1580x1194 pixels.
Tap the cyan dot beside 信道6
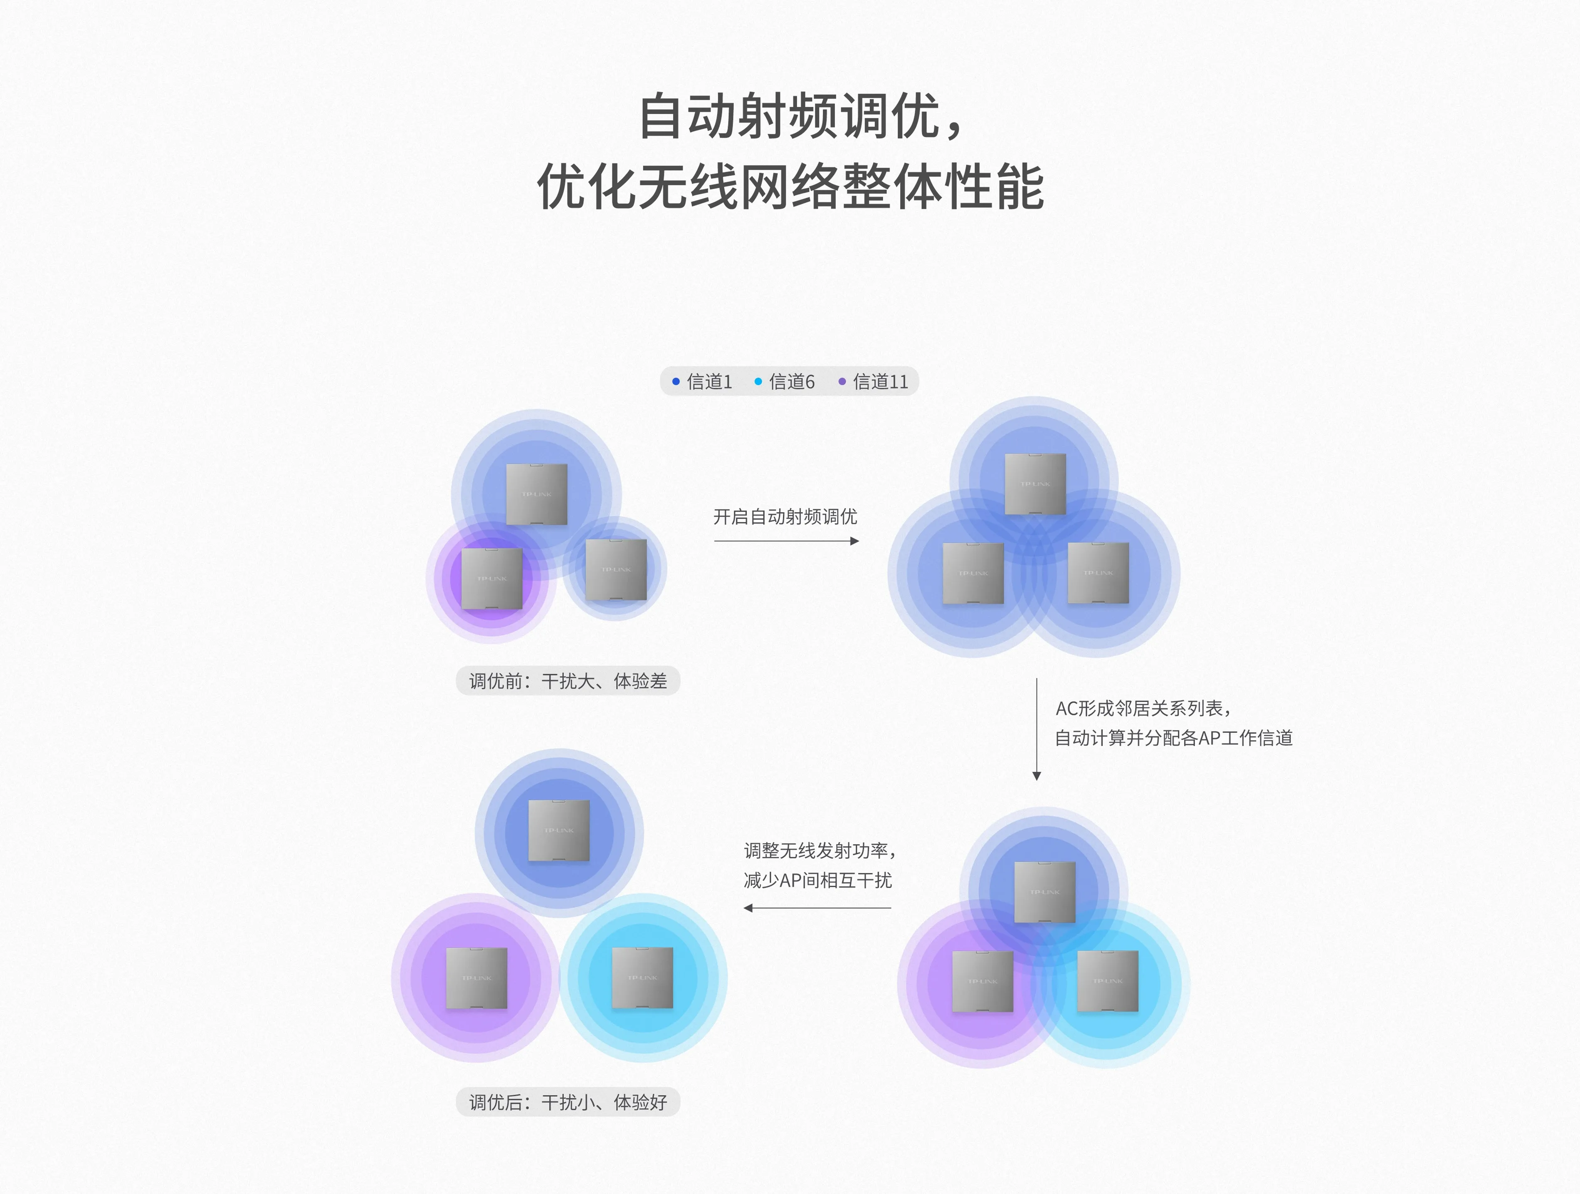pyautogui.click(x=758, y=381)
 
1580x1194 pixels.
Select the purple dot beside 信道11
pyautogui.click(x=842, y=381)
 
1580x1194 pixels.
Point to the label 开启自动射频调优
pyautogui.click(x=785, y=517)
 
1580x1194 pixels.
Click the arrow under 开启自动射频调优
pyautogui.click(x=786, y=541)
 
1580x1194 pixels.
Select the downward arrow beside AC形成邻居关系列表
pyautogui.click(x=1037, y=729)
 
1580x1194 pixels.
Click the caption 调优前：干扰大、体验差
pyautogui.click(x=568, y=681)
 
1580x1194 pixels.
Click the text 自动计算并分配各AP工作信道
pyautogui.click(x=1174, y=738)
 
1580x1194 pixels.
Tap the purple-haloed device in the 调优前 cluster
pyautogui.click(x=491, y=579)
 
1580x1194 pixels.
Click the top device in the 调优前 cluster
pyautogui.click(x=536, y=494)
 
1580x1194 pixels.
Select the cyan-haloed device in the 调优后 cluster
pyautogui.click(x=642, y=977)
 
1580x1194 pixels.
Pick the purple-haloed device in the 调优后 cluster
pyautogui.click(x=476, y=977)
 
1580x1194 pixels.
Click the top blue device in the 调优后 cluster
pyautogui.click(x=558, y=830)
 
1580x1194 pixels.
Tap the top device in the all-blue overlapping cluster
pyautogui.click(x=1035, y=484)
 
